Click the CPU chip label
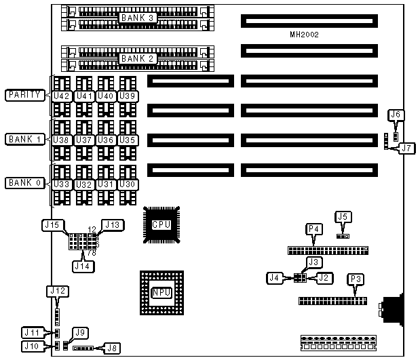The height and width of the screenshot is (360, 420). coord(161,224)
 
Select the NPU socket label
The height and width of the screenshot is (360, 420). coord(161,292)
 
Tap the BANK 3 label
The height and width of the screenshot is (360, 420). coord(138,18)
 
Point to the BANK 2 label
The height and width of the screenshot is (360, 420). coord(138,58)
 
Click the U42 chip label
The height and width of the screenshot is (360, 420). coord(62,96)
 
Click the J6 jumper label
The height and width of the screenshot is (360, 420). coord(397,115)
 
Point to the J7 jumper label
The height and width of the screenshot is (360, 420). coord(406,147)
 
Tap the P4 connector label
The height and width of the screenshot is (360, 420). coord(314,229)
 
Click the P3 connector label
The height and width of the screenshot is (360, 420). coord(356,279)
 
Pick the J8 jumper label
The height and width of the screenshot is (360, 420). coord(111,348)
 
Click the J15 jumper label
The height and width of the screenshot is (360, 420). coord(54,224)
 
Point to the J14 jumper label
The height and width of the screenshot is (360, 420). coord(85,266)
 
